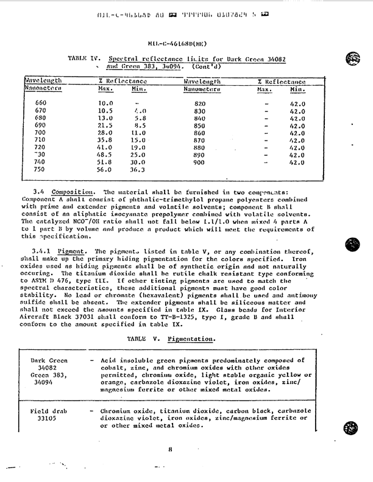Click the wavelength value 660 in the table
pyautogui.click(x=41, y=103)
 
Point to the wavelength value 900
pyautogui.click(x=200, y=163)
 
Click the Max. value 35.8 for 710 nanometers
pyautogui.click(x=106, y=139)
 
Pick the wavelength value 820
pyautogui.click(x=200, y=104)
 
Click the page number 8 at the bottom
pyautogui.click(x=173, y=451)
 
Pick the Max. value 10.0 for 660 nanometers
pyautogui.click(x=106, y=103)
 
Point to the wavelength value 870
pyautogui.click(x=200, y=140)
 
